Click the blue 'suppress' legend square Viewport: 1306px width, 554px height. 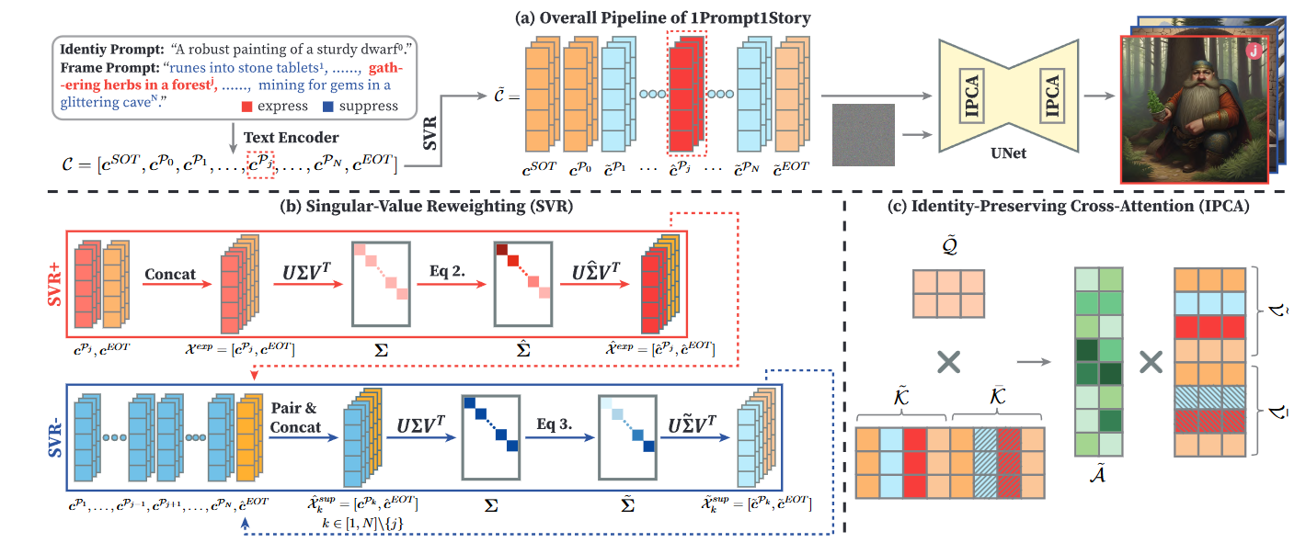pyautogui.click(x=328, y=106)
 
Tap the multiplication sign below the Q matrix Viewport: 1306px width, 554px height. pyautogui.click(x=947, y=362)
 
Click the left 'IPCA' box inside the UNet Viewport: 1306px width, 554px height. pyautogui.click(x=971, y=96)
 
